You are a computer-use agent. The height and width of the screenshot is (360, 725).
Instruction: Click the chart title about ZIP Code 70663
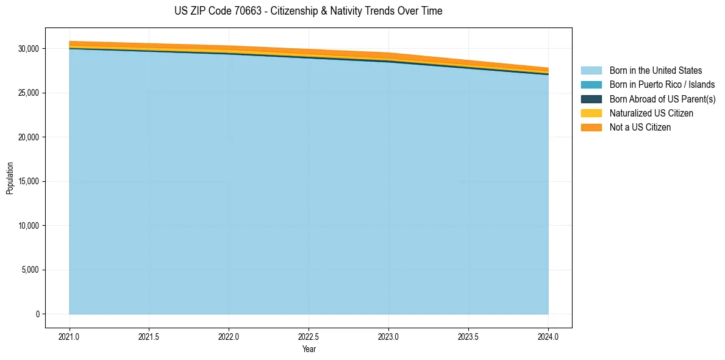pyautogui.click(x=308, y=11)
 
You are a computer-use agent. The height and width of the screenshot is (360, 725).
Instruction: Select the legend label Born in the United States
pyautogui.click(x=655, y=71)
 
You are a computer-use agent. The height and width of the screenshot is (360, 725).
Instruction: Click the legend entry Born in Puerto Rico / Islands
pyautogui.click(x=662, y=85)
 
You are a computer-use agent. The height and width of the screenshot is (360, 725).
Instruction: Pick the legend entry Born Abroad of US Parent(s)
pyautogui.click(x=662, y=99)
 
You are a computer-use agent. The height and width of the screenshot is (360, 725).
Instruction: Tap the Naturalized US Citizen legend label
pyautogui.click(x=651, y=113)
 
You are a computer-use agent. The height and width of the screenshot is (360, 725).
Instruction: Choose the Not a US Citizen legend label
pyautogui.click(x=640, y=128)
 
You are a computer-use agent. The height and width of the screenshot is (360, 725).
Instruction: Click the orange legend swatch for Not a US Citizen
pyautogui.click(x=591, y=128)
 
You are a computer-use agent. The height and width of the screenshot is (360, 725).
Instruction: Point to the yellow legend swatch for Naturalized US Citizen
pyautogui.click(x=591, y=113)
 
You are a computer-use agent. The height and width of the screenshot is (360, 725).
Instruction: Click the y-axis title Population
pyautogui.click(x=10, y=178)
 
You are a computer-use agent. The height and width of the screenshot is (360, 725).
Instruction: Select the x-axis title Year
pyautogui.click(x=309, y=350)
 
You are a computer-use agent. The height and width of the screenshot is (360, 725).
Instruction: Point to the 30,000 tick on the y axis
pyautogui.click(x=28, y=49)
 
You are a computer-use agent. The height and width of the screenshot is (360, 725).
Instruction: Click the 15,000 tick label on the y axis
pyautogui.click(x=28, y=182)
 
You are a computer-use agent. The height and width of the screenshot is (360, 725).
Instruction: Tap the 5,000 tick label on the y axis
pyautogui.click(x=30, y=270)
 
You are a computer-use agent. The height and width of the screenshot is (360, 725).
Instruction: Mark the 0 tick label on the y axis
pyautogui.click(x=37, y=314)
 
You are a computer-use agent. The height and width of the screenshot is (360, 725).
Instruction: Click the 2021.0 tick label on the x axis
pyautogui.click(x=69, y=336)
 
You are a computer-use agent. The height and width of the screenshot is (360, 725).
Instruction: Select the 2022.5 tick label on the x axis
pyautogui.click(x=309, y=336)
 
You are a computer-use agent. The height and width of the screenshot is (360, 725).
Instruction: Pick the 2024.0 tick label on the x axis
pyautogui.click(x=548, y=336)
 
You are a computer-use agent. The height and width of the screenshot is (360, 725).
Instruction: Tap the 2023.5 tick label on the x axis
pyautogui.click(x=468, y=336)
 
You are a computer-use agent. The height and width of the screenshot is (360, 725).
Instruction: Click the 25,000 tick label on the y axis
pyautogui.click(x=28, y=93)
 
